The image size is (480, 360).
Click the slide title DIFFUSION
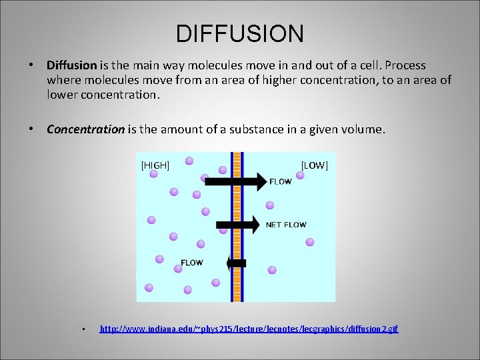tap(240, 33)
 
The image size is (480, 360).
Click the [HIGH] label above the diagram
tap(155, 165)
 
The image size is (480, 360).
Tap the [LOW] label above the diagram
tap(315, 165)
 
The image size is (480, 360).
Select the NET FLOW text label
tap(286, 225)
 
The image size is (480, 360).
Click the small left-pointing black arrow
tap(237, 263)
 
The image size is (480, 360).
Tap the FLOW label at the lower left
tap(192, 263)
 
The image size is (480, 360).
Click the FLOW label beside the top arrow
tap(280, 181)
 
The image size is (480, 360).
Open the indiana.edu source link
tap(249, 329)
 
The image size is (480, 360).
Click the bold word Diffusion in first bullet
tap(71, 65)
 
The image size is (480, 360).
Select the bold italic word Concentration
tap(85, 129)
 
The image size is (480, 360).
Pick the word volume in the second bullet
tap(363, 129)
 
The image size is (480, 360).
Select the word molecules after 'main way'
tap(187, 65)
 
